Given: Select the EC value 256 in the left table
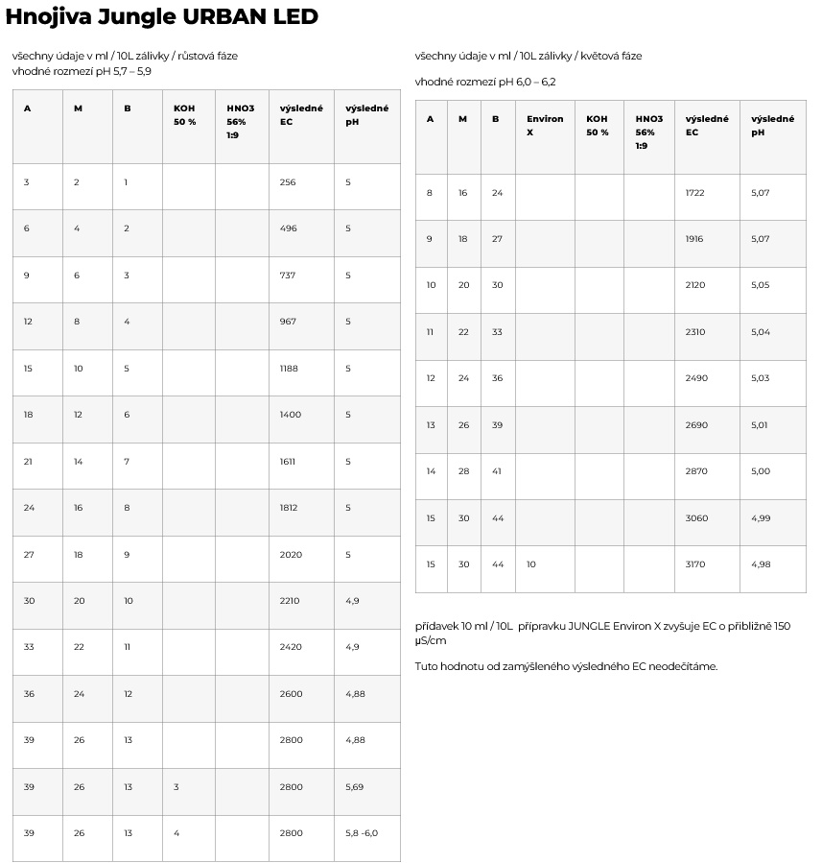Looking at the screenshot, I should tap(289, 182).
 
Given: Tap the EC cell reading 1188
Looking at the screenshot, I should tap(290, 369).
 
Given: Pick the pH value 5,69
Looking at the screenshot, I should tap(355, 787).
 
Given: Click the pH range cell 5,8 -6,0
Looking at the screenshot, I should tap(362, 833).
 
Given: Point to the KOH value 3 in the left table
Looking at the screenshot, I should tap(176, 787).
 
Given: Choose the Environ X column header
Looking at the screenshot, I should tap(545, 125).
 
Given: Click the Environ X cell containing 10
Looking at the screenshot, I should tap(531, 564).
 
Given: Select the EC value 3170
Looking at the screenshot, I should tap(695, 564).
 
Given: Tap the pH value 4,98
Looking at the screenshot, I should tap(761, 564).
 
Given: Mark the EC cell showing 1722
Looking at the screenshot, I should tap(695, 193).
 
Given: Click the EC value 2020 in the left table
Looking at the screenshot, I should tap(290, 555).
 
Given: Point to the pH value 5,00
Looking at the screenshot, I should tap(761, 471).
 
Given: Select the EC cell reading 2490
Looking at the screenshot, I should tap(696, 378).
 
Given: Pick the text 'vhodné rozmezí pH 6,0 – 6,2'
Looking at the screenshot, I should tap(485, 83).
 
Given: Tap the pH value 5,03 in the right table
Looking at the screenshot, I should tap(761, 378).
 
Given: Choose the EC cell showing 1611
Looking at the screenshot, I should tap(289, 462).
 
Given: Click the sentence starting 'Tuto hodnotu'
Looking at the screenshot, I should tap(566, 666).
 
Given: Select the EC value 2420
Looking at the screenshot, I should tap(290, 647).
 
